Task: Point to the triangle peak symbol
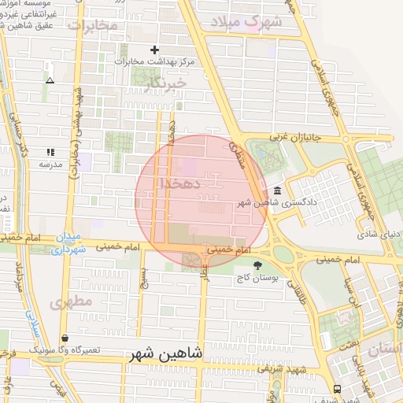(50, 80)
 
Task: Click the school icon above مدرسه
(50, 152)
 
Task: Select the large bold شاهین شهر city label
(167, 356)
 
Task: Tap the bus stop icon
(338, 389)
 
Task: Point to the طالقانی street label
(297, 293)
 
